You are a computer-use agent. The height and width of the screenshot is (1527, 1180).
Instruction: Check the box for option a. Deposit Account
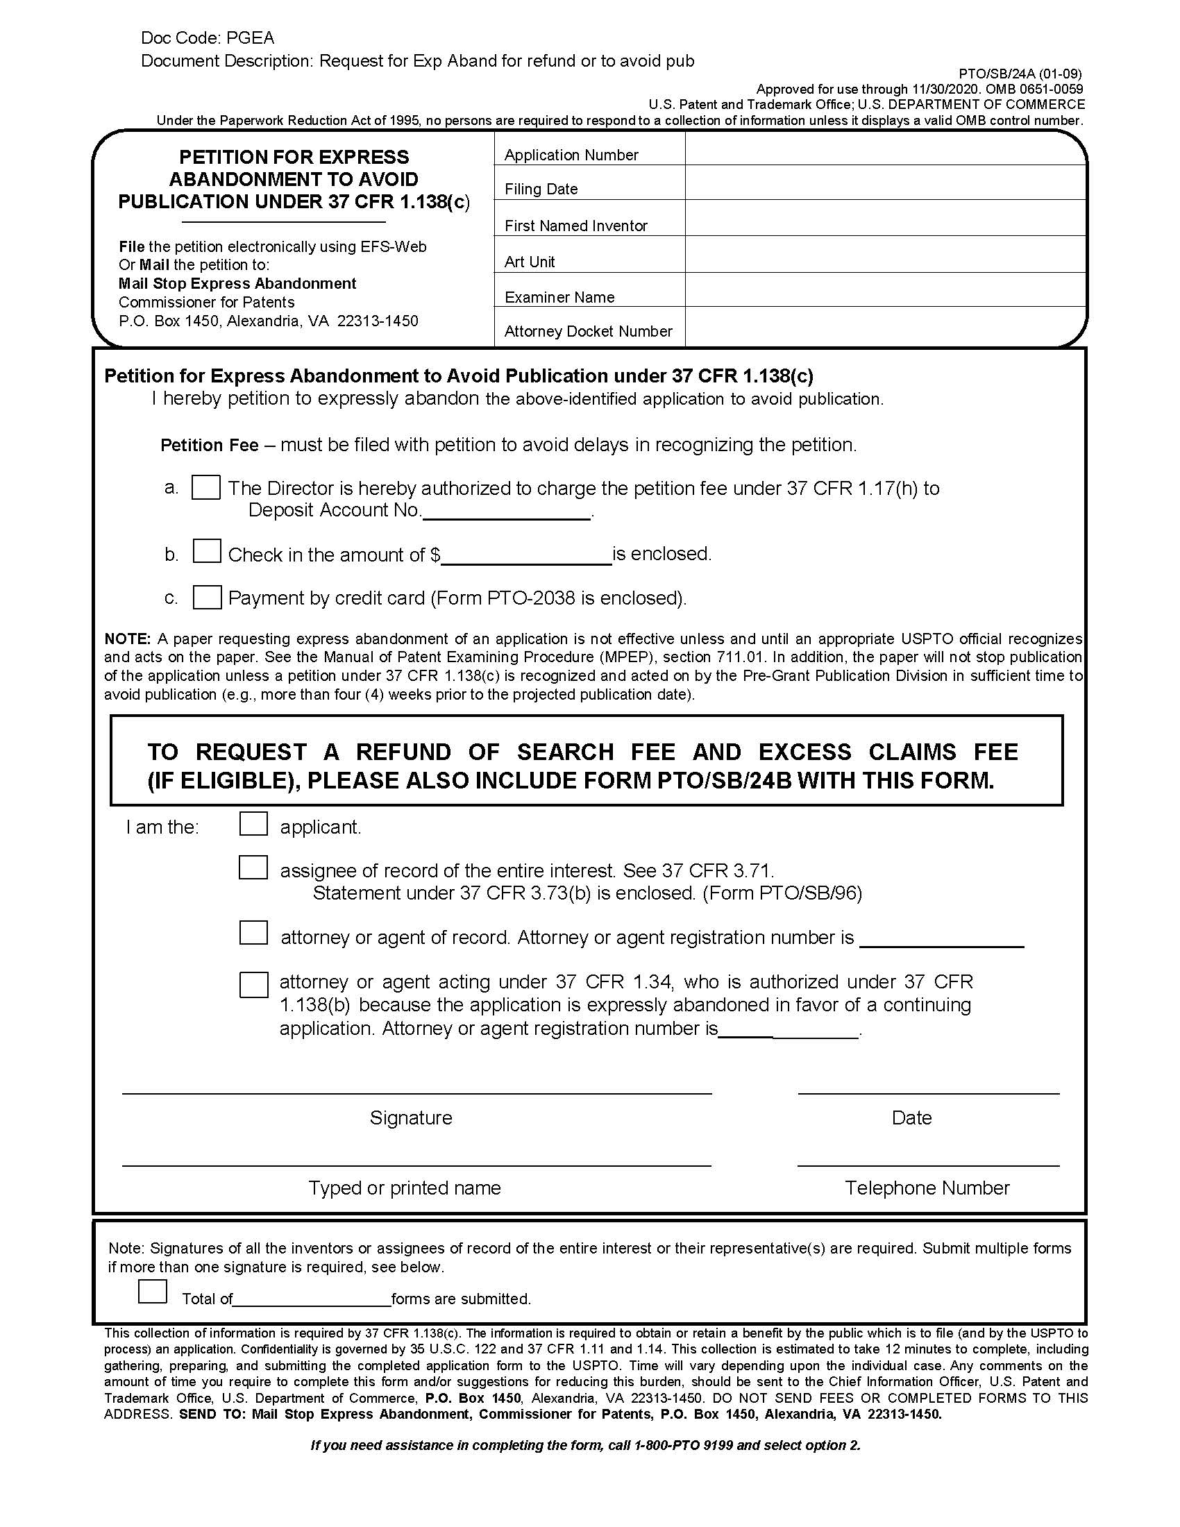pos(206,487)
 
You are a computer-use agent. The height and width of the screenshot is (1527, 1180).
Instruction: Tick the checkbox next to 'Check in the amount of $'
pos(207,551)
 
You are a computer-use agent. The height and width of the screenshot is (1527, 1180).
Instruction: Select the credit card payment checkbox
pos(207,597)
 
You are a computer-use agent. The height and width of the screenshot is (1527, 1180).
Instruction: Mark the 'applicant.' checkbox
pos(253,824)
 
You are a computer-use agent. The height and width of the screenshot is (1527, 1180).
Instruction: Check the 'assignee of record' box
pos(253,868)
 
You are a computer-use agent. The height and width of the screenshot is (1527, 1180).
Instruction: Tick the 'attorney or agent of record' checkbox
pos(253,934)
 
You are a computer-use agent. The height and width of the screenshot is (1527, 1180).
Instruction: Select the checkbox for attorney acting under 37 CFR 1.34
pos(253,985)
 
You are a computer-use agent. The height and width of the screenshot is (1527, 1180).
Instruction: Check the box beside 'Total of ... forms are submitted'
pos(153,1292)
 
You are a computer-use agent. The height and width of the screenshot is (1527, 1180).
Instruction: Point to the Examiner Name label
pos(559,297)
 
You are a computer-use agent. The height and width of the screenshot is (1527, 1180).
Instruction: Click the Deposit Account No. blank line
pos(507,514)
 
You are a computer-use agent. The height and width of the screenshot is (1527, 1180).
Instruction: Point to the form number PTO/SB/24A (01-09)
pos(1020,74)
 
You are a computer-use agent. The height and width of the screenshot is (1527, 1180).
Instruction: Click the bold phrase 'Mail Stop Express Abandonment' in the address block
pos(237,283)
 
